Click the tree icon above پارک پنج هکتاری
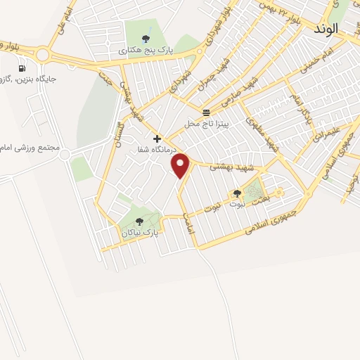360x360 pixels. (146, 39)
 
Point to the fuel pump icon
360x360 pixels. (22, 68)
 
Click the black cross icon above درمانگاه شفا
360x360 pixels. (157, 139)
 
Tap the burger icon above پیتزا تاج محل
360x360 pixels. (205, 112)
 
